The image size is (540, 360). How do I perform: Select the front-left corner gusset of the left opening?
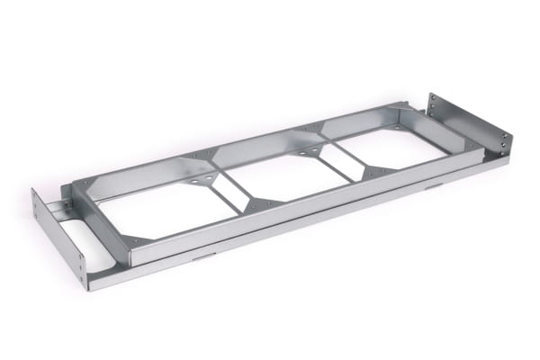137,240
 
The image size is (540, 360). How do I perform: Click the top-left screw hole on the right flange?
432,97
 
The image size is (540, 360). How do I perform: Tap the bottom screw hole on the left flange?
83,274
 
